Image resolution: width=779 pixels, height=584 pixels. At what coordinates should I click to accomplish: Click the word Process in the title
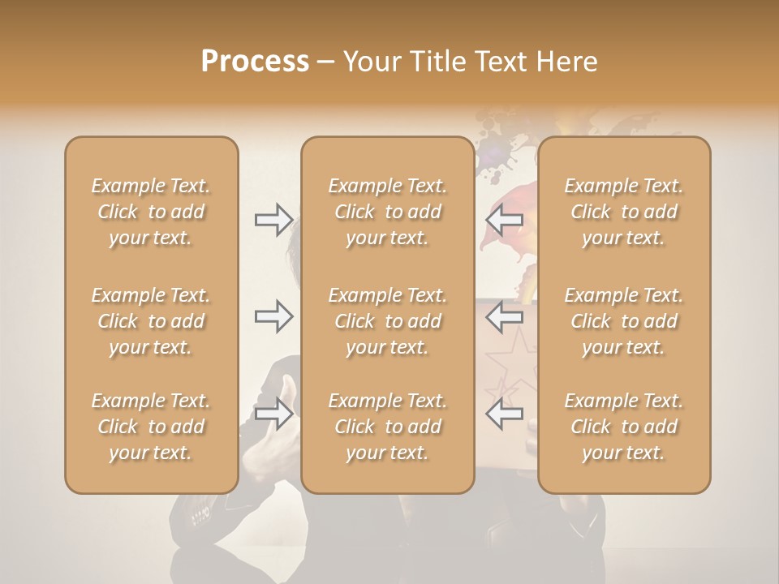pyautogui.click(x=255, y=61)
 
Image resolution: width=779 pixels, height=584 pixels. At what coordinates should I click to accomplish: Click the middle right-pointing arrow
pyautogui.click(x=273, y=316)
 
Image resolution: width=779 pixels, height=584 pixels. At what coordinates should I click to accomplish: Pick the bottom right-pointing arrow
pyautogui.click(x=273, y=414)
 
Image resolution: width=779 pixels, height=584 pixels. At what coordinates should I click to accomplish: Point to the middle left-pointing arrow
pyautogui.click(x=505, y=316)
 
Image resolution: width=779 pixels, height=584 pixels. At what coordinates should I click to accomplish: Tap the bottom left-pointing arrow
pyautogui.click(x=505, y=414)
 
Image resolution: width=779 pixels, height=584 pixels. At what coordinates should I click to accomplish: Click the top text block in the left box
pyautogui.click(x=151, y=212)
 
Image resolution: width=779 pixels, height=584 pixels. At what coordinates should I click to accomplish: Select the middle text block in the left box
pyautogui.click(x=151, y=321)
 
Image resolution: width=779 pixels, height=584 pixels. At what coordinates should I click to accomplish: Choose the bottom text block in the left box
pyautogui.click(x=151, y=427)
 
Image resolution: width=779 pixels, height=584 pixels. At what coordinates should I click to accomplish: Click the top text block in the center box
pyautogui.click(x=387, y=212)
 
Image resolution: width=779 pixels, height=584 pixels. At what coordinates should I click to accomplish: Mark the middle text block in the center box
pyautogui.click(x=387, y=321)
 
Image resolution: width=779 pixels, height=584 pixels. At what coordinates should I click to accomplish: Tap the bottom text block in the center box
pyautogui.click(x=387, y=427)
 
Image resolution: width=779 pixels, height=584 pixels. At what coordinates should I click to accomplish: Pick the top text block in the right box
pyautogui.click(x=623, y=212)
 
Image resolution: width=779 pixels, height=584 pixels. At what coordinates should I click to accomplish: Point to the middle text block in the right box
pyautogui.click(x=623, y=321)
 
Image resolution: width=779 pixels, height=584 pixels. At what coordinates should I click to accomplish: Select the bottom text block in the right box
pyautogui.click(x=623, y=427)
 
